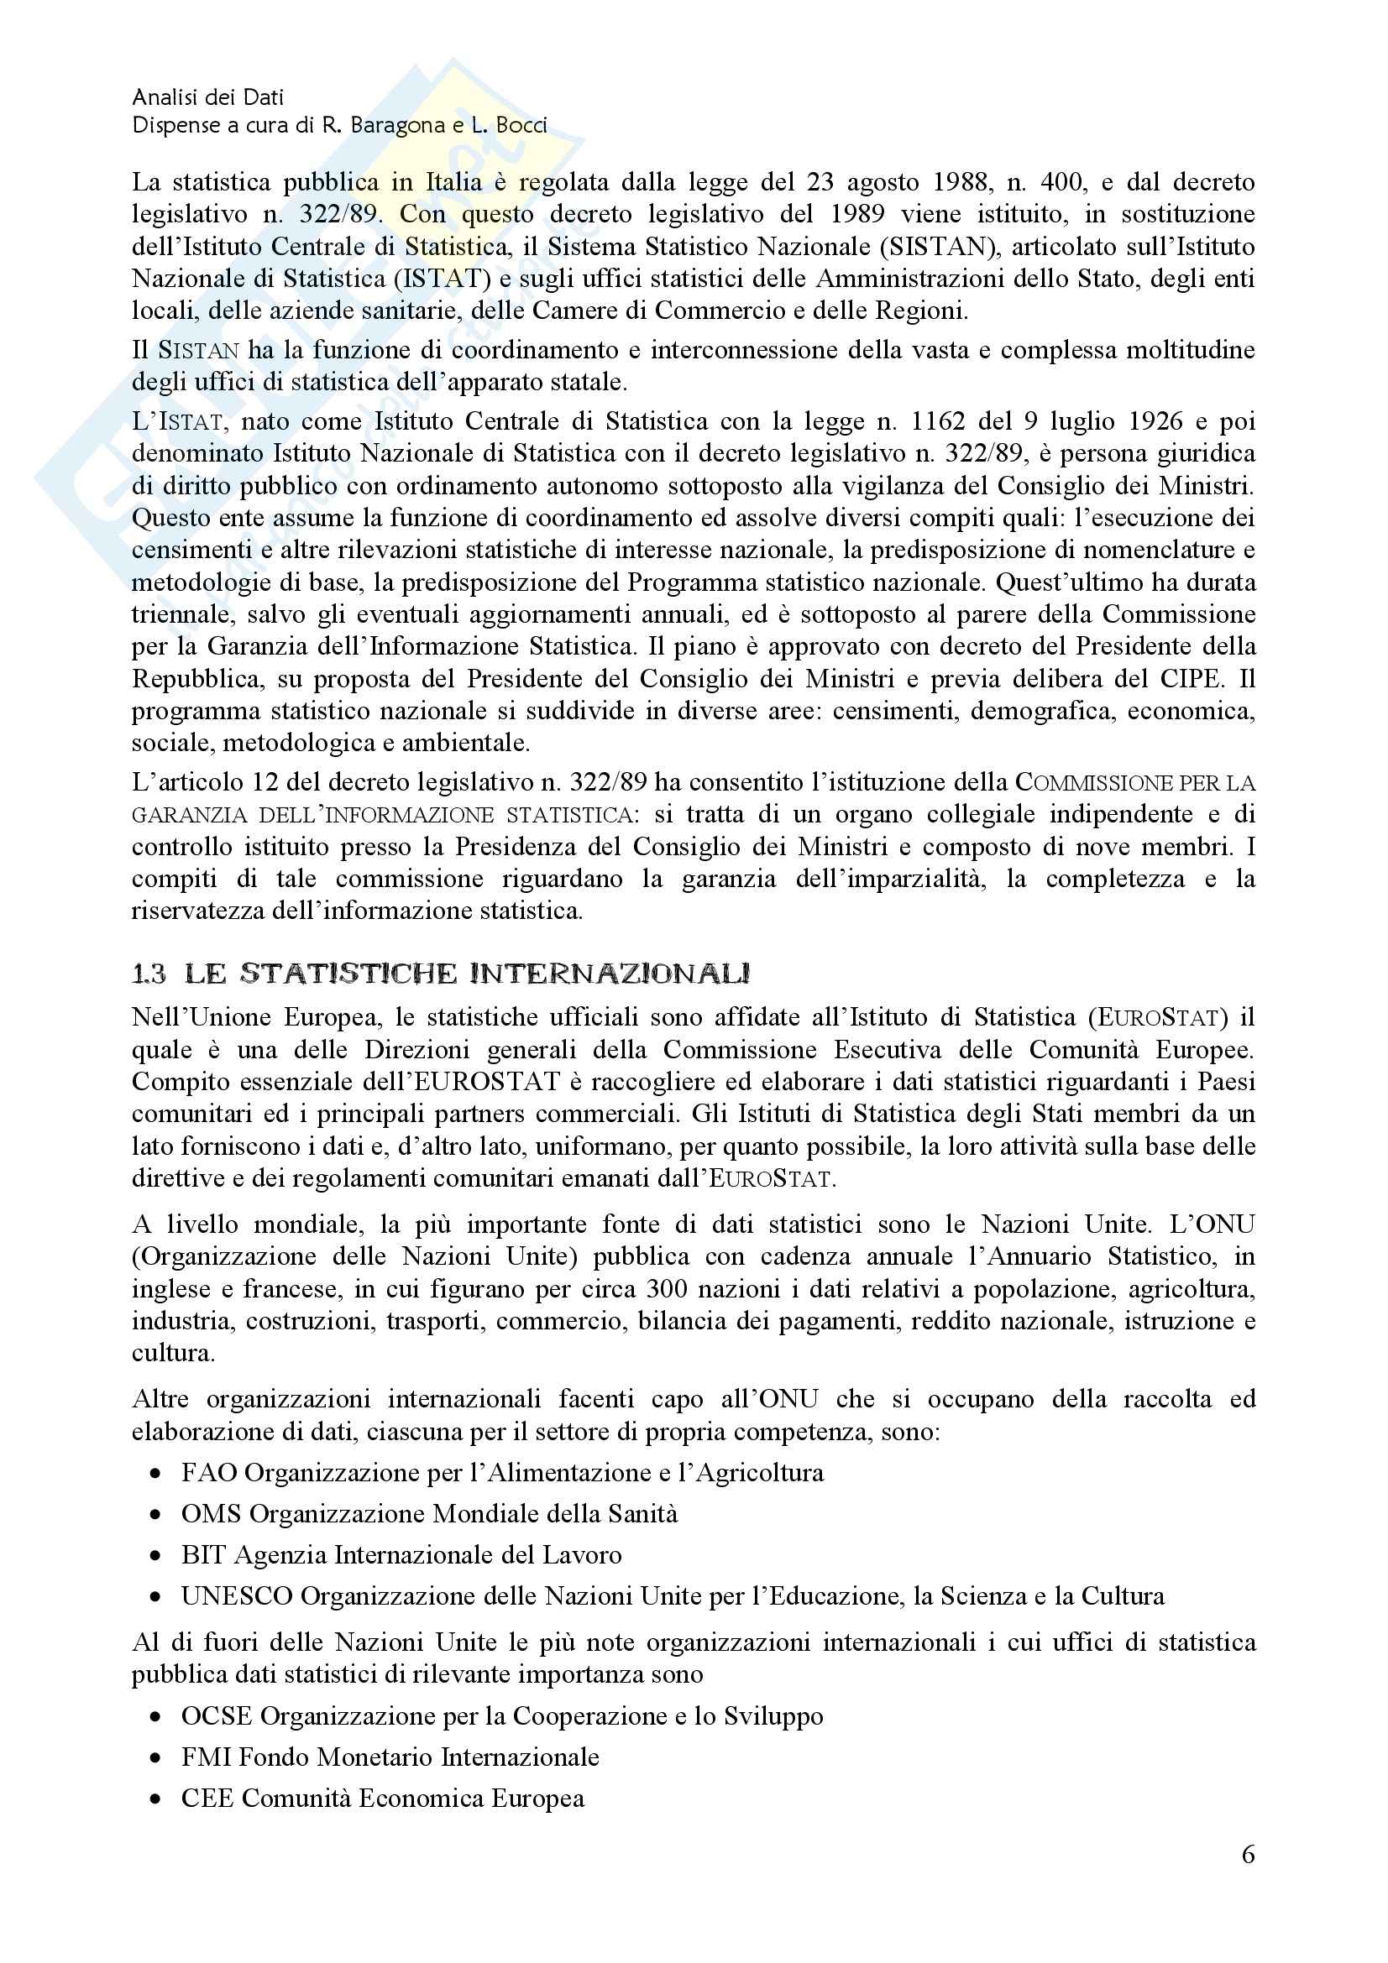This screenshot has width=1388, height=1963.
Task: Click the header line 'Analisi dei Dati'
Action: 207,97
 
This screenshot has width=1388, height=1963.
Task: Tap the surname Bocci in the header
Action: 517,127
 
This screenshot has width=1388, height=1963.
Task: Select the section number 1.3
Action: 149,974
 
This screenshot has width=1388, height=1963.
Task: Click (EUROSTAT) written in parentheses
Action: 1155,1017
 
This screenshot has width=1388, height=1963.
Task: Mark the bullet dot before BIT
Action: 155,1556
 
